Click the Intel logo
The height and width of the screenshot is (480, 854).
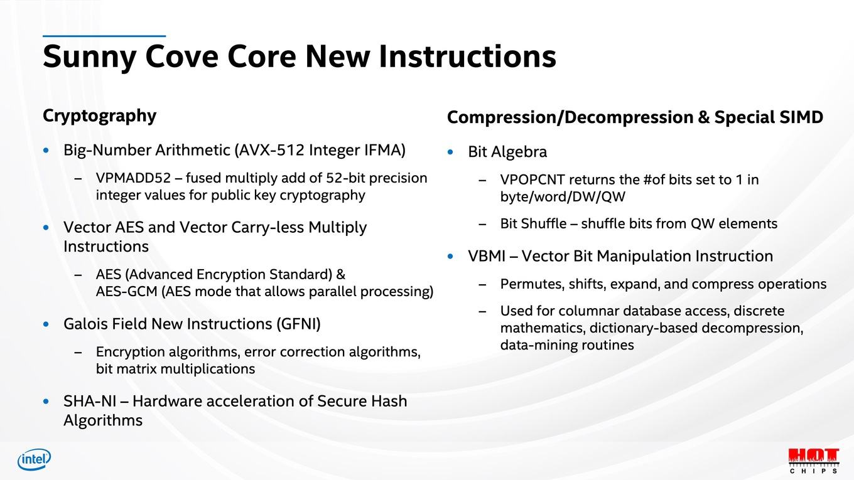34,459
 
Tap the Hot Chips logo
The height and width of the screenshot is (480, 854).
814,461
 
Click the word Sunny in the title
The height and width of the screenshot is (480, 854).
90,56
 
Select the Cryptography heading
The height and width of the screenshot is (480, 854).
99,116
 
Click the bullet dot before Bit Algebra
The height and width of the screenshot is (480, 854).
451,152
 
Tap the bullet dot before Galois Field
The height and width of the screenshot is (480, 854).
46,324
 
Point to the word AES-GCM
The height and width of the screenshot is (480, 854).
127,292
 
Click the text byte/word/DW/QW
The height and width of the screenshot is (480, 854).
563,197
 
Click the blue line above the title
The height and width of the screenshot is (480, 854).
104,36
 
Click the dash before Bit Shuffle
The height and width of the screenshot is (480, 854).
482,224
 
